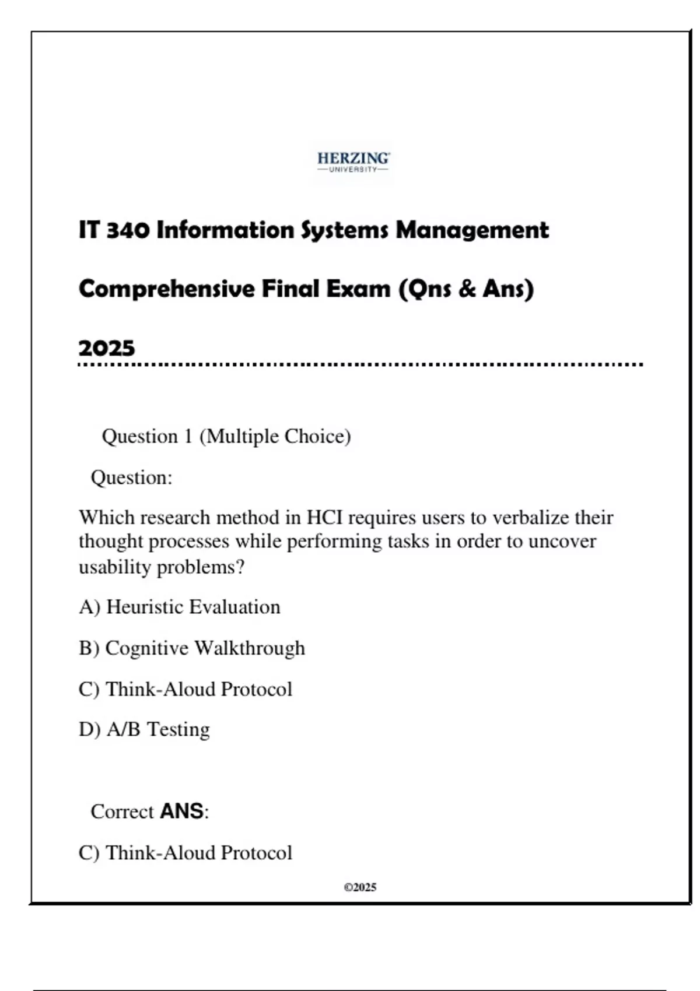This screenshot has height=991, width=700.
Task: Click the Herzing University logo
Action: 353,162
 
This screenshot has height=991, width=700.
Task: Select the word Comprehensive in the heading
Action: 166,289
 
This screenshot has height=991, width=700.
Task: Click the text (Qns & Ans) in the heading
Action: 466,289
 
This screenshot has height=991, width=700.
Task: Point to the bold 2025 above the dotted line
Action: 107,348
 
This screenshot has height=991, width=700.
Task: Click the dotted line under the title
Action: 360,365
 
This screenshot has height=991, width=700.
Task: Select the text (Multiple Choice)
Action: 275,436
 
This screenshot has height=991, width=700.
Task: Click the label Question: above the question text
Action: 131,477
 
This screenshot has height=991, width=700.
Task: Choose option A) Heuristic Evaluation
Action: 180,607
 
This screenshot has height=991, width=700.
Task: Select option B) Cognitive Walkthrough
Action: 192,648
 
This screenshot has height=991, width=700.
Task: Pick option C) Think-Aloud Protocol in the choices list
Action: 185,689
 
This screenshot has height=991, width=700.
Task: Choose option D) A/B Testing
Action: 144,729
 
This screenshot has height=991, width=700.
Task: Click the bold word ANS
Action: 181,811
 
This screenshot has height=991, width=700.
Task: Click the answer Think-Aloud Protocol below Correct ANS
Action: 198,853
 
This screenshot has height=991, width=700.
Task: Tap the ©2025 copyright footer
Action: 360,887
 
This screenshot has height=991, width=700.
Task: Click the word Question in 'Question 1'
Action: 139,436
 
